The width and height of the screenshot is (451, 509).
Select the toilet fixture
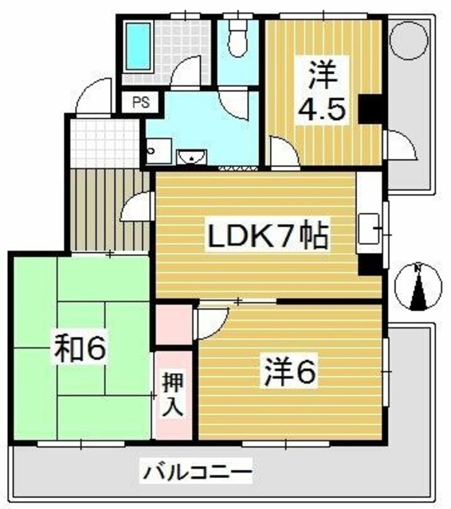(238, 36)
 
